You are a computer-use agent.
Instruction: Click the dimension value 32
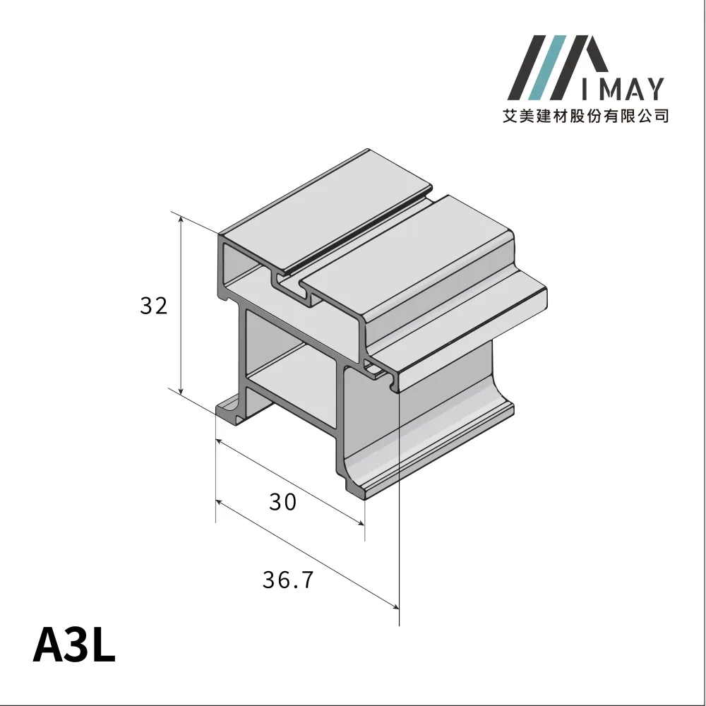(153, 306)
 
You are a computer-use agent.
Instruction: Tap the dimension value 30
(282, 502)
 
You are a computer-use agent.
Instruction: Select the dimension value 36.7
(287, 580)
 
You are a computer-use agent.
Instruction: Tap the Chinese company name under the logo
(585, 115)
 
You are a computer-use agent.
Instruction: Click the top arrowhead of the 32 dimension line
(181, 221)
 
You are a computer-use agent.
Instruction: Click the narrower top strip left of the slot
(325, 212)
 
